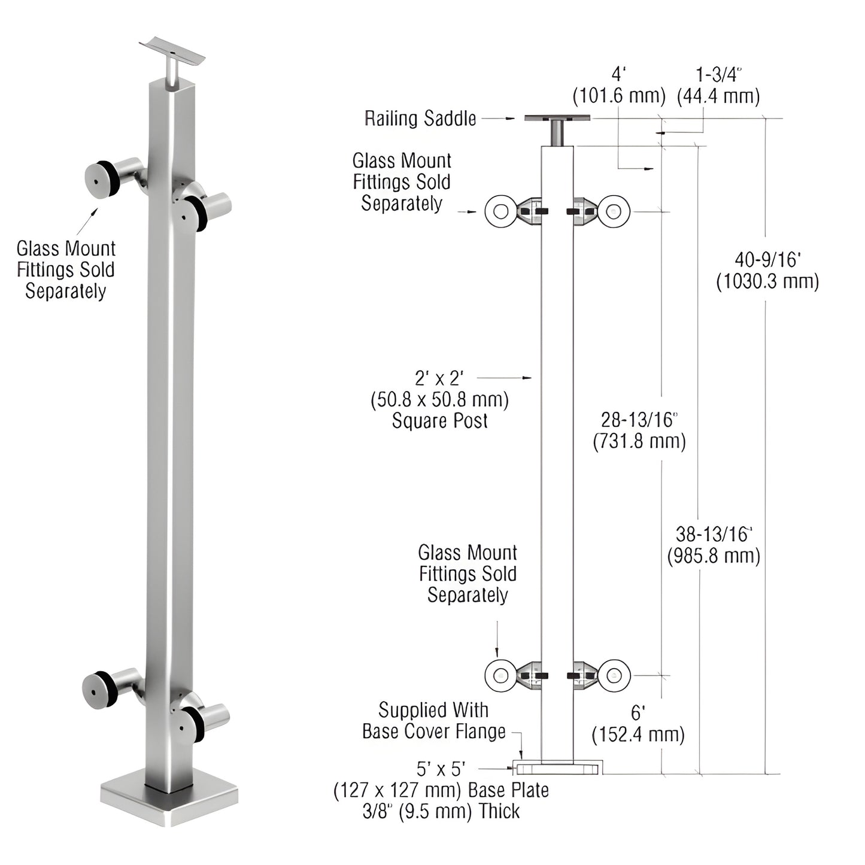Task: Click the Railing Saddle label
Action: coord(420,119)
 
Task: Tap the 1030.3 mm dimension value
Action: coord(767,281)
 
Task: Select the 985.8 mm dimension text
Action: coord(714,556)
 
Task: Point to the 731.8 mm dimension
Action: coord(639,442)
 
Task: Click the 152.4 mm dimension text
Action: coord(638,734)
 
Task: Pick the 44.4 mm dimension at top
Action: coord(718,96)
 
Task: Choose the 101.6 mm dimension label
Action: coord(619,96)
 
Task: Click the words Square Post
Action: coord(439,421)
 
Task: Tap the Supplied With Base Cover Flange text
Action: coord(434,721)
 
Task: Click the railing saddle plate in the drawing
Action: coord(557,118)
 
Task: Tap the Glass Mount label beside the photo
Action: coord(66,269)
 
